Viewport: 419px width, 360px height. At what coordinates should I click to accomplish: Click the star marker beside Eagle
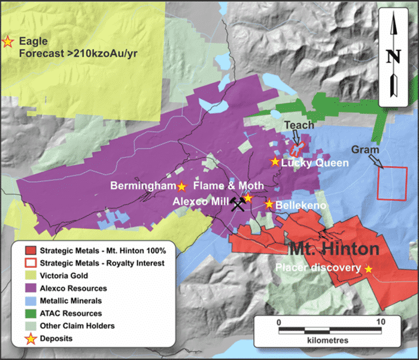[x=8, y=42]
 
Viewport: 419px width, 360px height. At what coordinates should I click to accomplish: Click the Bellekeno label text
[x=300, y=206]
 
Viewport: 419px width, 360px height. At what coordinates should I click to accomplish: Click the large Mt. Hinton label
[x=335, y=249]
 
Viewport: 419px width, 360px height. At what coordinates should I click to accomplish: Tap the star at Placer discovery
[x=369, y=269]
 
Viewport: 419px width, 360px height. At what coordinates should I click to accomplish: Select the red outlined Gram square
[x=392, y=184]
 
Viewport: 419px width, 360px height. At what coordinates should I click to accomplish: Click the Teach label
[x=294, y=125]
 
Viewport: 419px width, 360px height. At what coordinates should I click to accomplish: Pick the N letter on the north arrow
[x=393, y=56]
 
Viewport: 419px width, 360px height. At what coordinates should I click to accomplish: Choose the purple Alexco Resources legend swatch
[x=27, y=288]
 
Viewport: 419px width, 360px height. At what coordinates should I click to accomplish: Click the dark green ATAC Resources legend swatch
[x=27, y=313]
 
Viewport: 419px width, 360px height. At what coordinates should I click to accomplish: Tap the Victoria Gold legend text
[x=62, y=276]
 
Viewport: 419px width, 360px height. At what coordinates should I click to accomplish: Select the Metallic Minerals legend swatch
[x=27, y=301]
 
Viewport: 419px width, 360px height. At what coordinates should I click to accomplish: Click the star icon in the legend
[x=27, y=338]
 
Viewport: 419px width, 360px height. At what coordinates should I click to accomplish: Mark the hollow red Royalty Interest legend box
[x=27, y=263]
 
